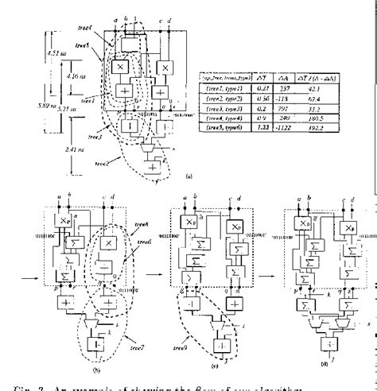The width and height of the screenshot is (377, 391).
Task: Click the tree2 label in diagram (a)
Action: (x=101, y=162)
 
